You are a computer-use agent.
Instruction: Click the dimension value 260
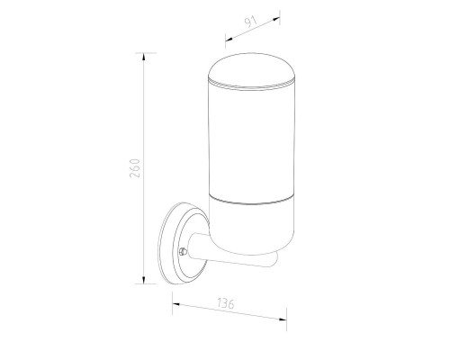(x=135, y=168)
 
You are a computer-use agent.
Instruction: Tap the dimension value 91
(x=251, y=22)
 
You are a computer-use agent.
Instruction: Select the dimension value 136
(x=226, y=303)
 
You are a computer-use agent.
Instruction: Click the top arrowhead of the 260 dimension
(x=144, y=57)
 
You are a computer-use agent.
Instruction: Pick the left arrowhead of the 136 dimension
(x=176, y=304)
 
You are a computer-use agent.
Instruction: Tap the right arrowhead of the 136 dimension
(x=283, y=319)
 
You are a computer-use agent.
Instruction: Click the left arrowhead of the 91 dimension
(x=229, y=39)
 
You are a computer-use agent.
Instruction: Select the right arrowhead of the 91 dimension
(x=276, y=19)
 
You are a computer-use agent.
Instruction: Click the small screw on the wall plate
(x=183, y=251)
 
